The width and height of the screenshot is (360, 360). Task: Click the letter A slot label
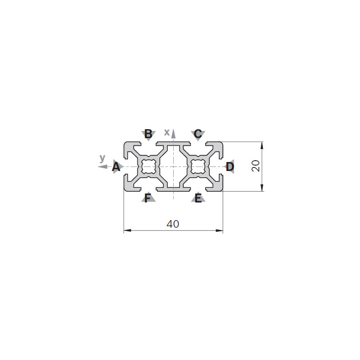116,166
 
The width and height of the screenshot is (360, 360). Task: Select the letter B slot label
148,134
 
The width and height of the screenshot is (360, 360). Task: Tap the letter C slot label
198,134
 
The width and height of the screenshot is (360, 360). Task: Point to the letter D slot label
230,166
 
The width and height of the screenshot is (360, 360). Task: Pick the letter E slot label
198,198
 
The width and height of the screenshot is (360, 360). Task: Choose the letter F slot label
148,198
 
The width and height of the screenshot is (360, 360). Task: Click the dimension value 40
173,224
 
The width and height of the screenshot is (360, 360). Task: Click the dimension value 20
256,166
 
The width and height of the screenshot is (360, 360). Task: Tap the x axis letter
167,132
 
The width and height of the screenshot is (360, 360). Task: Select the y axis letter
103,158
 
